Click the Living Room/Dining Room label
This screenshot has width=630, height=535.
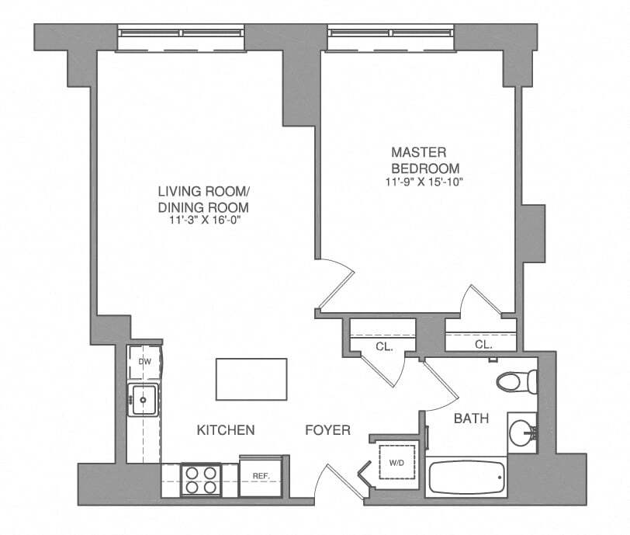click(203, 200)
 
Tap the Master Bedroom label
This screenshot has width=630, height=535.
click(425, 160)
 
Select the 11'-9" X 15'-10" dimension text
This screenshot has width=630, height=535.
click(425, 182)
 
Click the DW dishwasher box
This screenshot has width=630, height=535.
click(144, 362)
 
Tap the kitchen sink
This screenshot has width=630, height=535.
click(144, 401)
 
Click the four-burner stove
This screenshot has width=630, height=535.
click(201, 479)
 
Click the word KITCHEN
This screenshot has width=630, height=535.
click(225, 429)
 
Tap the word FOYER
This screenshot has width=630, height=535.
click(327, 429)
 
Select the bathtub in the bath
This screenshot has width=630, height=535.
click(466, 478)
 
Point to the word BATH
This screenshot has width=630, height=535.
click(471, 419)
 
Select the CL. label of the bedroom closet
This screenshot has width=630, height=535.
click(483, 344)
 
